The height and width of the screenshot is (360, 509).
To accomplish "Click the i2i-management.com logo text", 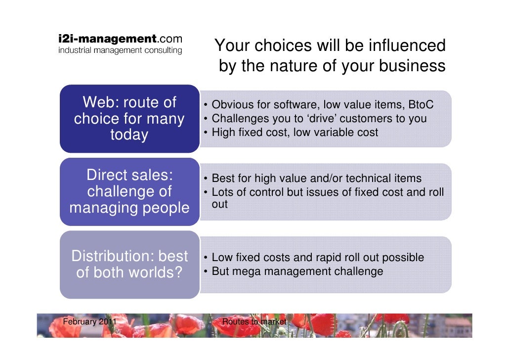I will [x=120, y=39].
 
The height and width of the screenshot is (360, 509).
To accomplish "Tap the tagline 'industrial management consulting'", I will [x=120, y=50].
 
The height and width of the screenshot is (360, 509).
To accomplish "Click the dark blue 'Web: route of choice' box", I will [x=129, y=119].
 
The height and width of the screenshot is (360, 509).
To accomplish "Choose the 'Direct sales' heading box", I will [x=129, y=191].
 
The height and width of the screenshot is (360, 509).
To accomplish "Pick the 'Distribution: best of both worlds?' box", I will [x=129, y=264].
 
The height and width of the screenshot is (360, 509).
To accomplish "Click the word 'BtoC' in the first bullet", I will [x=421, y=105].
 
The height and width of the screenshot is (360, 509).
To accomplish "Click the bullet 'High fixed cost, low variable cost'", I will [x=295, y=133].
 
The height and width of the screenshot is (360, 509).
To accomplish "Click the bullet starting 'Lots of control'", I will [x=327, y=192].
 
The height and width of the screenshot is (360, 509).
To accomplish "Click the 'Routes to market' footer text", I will [x=254, y=322].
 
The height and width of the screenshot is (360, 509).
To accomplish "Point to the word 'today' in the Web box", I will [x=129, y=135].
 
